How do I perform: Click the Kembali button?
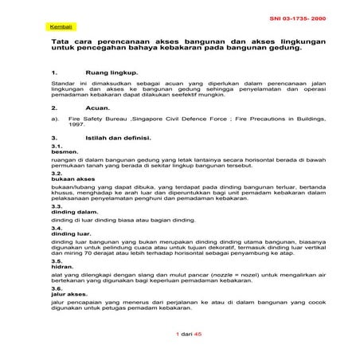(x=60, y=27)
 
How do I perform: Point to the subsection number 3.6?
(x=57, y=288)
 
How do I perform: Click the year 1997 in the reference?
(x=77, y=125)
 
